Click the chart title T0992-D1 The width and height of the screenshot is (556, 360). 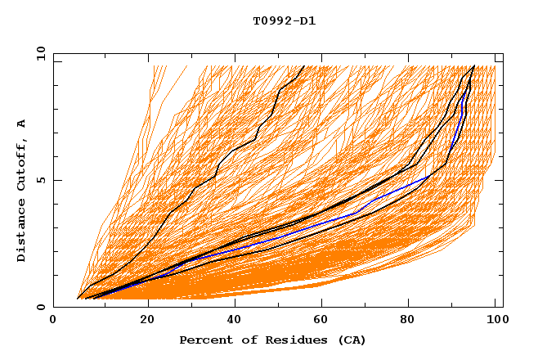[284, 21]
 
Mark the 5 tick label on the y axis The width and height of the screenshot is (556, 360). [41, 180]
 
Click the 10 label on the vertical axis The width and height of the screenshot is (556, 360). [38, 53]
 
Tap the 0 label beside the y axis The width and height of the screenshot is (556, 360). [41, 307]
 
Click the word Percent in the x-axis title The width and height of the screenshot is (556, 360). [203, 340]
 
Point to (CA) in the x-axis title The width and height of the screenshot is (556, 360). [349, 340]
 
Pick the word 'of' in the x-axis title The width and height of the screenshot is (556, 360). [243, 340]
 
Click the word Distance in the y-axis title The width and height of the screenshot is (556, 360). [22, 229]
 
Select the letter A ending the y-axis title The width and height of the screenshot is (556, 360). [22, 124]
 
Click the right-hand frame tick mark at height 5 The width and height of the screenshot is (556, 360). [500, 180]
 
